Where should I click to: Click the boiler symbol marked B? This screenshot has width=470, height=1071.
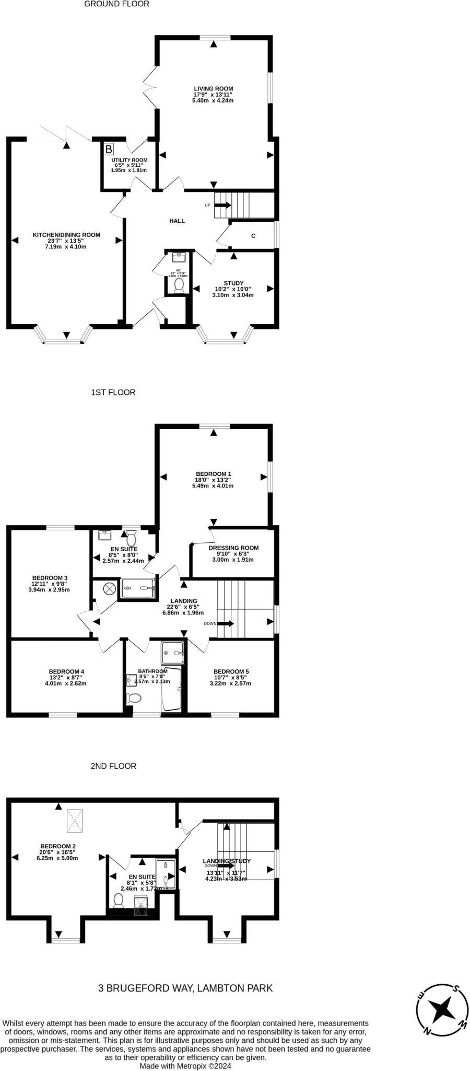108,150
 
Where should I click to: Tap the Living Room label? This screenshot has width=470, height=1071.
213,89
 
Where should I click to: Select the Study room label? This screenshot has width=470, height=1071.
233,283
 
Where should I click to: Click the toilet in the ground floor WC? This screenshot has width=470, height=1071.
179,285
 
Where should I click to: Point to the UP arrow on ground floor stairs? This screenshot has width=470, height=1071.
222,205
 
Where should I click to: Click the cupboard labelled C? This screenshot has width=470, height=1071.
253,236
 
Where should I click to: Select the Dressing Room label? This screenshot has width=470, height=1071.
233,548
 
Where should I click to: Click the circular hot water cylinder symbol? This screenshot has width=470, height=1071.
109,588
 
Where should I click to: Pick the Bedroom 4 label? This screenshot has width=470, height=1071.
66,671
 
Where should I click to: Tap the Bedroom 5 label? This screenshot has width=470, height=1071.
231,671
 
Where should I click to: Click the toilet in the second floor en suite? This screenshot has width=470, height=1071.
119,899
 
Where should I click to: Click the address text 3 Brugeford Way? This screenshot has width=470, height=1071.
185,988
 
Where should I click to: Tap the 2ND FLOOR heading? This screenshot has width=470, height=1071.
113,766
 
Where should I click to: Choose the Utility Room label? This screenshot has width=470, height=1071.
129,160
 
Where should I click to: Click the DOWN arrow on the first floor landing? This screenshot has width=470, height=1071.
226,623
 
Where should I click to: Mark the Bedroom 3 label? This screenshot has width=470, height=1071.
49,584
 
